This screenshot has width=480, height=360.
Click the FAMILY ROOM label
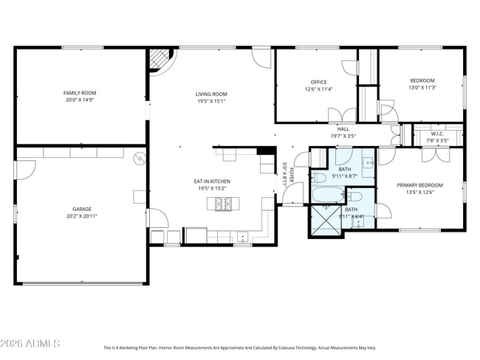click(80, 93)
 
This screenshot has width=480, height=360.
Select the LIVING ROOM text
click(211, 94)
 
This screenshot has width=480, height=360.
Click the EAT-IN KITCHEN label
click(212, 181)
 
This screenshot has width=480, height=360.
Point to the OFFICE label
click(318, 82)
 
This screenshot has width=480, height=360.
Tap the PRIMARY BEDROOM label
click(419, 184)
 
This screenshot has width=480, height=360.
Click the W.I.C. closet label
click(437, 134)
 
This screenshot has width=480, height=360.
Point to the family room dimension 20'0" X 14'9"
click(80, 100)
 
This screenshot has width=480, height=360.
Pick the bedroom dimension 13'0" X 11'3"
click(422, 88)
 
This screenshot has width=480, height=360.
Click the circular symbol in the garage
click(139, 158)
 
